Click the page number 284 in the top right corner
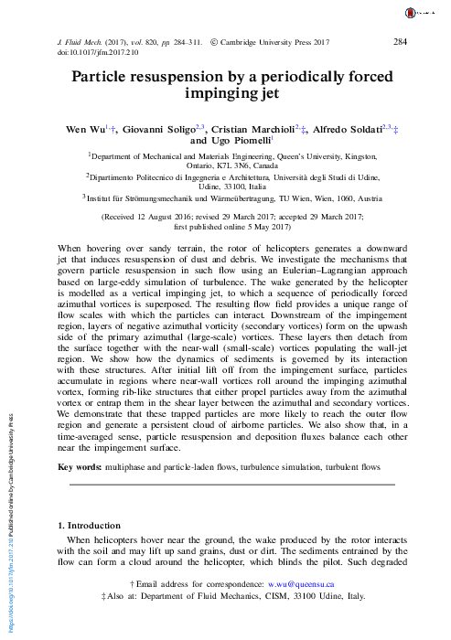coord(399,41)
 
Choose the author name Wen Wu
coord(93,131)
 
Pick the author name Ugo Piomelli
coord(242,143)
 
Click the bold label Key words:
coord(80,468)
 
